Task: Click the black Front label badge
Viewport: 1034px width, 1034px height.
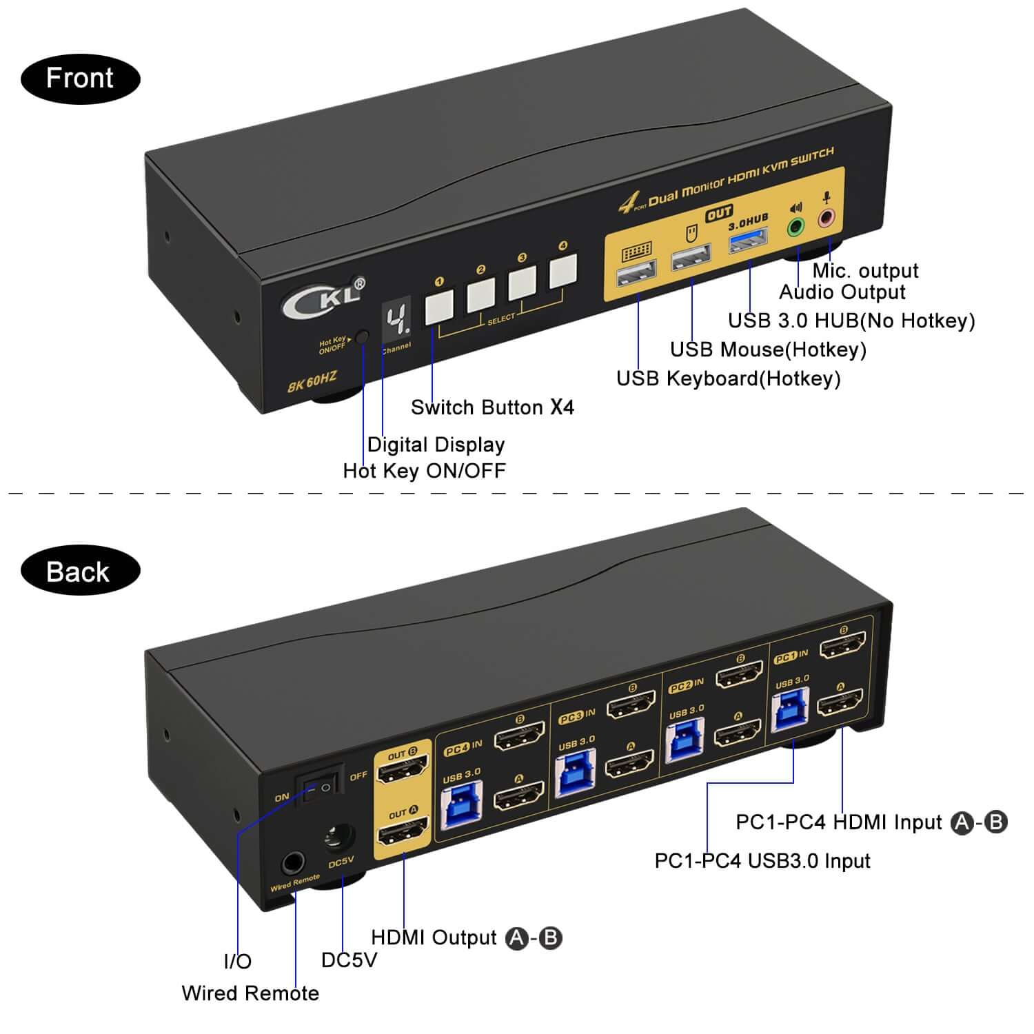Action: [x=80, y=79]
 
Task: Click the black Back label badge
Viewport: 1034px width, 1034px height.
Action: [x=80, y=571]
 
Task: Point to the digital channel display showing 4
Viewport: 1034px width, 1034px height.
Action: [x=396, y=320]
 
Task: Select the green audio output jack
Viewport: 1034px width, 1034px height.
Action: [x=796, y=225]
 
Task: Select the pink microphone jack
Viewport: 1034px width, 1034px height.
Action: [x=826, y=218]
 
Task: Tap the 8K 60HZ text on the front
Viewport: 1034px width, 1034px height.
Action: [x=312, y=381]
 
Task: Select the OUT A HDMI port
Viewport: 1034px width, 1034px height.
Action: [x=403, y=833]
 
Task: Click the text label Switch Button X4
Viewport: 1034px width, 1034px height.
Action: [x=492, y=407]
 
